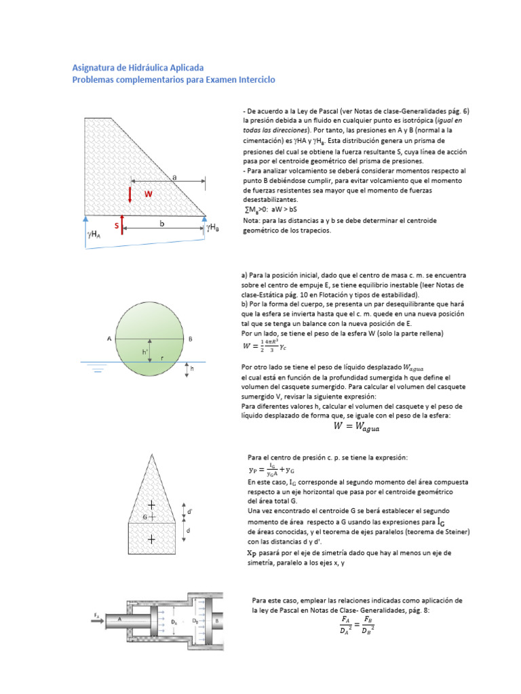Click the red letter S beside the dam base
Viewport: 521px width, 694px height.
(116, 225)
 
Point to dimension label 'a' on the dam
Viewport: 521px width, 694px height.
(174, 176)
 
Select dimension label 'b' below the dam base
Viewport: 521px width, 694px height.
(162, 223)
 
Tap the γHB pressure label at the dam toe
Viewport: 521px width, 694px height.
(212, 227)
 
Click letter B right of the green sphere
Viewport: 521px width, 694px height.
(191, 338)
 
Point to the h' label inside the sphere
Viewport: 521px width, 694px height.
(144, 352)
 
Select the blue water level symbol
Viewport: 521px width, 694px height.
(98, 368)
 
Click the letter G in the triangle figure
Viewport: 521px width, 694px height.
(144, 517)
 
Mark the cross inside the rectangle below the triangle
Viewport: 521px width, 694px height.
(151, 539)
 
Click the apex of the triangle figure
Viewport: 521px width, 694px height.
(151, 456)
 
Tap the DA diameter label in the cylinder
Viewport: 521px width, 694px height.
(174, 621)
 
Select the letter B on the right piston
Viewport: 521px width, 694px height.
(216, 619)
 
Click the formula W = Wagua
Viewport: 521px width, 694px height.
(357, 426)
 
